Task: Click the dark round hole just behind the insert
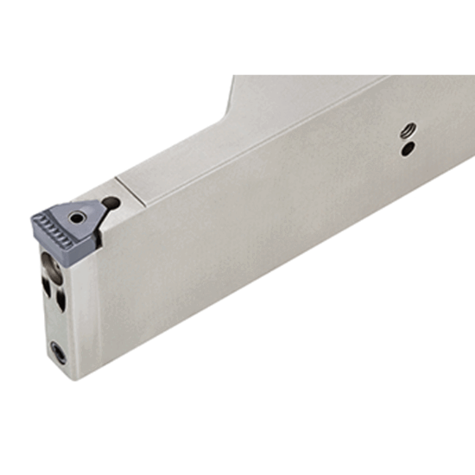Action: pos(111,204)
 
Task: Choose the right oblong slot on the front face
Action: pos(60,298)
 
